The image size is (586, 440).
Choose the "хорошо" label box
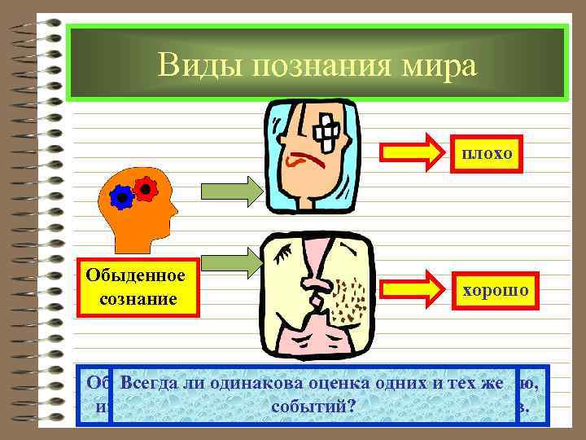pos(495,290)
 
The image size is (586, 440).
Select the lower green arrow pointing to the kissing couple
pos(230,262)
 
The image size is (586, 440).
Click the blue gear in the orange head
pos(121,196)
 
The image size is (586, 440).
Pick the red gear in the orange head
pos(145,189)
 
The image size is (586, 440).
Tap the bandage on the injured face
pos(329,127)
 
